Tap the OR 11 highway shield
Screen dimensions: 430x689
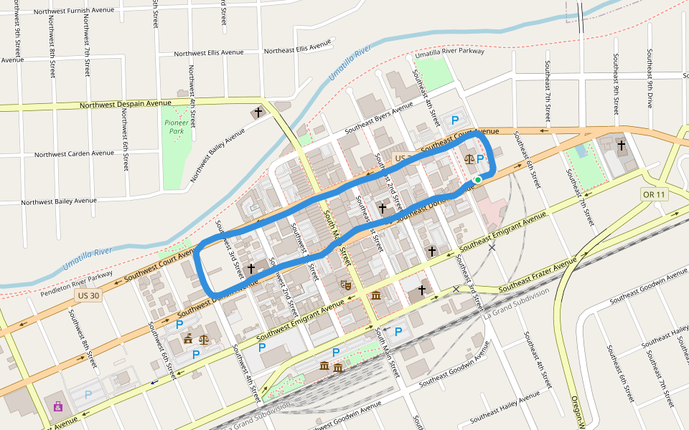[653, 194]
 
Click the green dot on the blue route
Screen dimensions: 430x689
[478, 180]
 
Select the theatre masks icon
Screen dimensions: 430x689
[346, 285]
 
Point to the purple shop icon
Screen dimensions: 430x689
[58, 406]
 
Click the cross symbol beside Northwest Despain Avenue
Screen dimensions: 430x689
[258, 113]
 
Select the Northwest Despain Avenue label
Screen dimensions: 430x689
[126, 104]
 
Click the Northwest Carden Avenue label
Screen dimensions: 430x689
[74, 154]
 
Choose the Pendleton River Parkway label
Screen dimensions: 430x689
[77, 284]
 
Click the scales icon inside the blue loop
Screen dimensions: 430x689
[469, 159]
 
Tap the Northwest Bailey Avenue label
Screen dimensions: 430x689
[58, 202]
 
